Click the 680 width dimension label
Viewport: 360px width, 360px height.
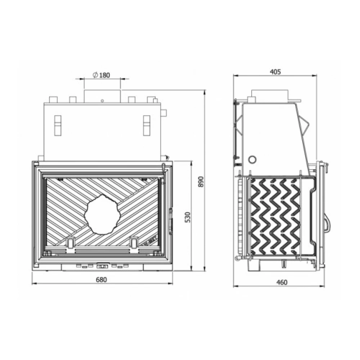(101, 280)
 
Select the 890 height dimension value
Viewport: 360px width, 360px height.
(201, 181)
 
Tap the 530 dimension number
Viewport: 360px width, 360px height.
(188, 217)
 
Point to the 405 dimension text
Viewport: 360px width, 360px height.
(275, 72)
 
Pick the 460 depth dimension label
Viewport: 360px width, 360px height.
(282, 282)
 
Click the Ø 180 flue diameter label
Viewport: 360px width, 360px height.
(101, 75)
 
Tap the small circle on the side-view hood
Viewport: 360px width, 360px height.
(253, 159)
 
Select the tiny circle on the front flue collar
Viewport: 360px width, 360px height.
(102, 101)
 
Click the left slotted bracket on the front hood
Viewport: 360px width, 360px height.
(58, 125)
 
